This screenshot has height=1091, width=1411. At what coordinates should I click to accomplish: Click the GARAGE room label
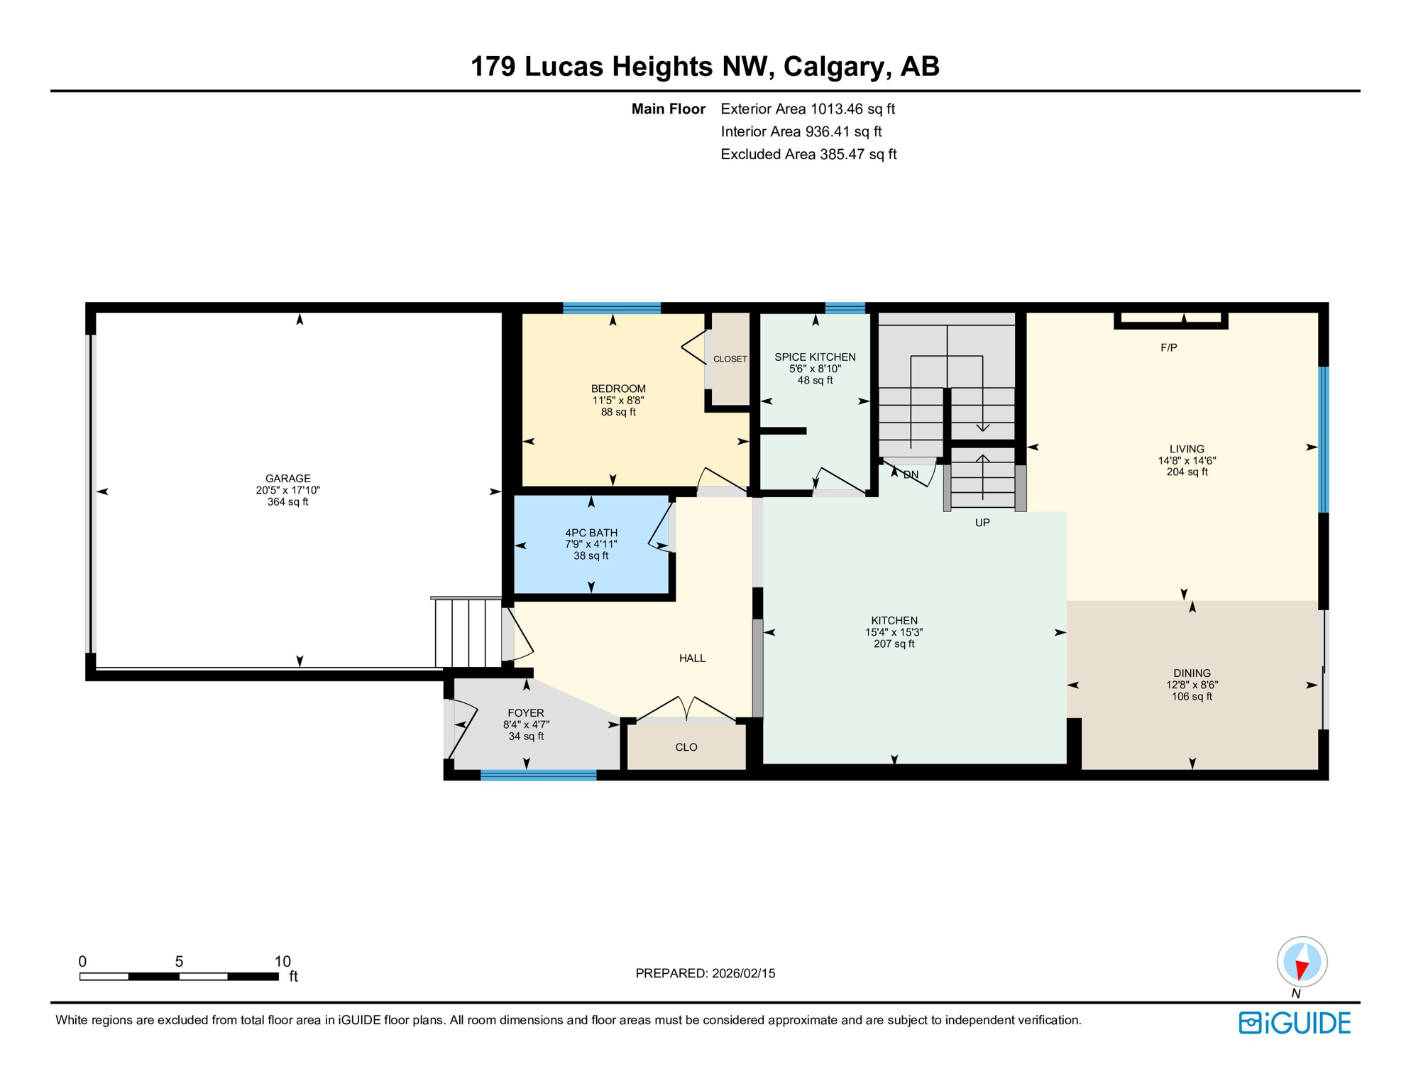click(x=287, y=478)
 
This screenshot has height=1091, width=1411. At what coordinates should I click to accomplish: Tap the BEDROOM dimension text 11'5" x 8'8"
click(x=617, y=401)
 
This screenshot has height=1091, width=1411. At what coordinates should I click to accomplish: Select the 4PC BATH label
click(x=591, y=533)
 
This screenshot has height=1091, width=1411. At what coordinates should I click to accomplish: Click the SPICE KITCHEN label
click(x=814, y=357)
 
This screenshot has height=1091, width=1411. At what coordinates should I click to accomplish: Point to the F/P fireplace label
click(x=1168, y=347)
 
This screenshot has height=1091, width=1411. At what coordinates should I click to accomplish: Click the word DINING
click(x=1192, y=673)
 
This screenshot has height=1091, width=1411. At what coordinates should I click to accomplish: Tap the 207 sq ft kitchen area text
click(x=894, y=644)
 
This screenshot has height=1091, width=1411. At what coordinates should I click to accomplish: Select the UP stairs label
click(x=982, y=523)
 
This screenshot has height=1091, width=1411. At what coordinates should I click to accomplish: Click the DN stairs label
click(x=911, y=474)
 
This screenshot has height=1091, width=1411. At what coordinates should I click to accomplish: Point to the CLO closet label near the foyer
click(x=686, y=747)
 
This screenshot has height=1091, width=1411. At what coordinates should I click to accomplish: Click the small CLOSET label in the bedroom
click(x=730, y=359)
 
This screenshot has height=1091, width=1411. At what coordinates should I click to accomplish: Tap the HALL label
click(x=691, y=658)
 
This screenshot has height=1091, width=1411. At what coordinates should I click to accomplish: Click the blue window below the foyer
click(x=538, y=775)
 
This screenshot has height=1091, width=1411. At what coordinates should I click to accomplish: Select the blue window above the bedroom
click(x=611, y=308)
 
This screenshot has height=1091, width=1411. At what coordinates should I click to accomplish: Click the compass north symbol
click(x=1302, y=962)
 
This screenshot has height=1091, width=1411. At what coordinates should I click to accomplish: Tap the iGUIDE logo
click(x=1294, y=1023)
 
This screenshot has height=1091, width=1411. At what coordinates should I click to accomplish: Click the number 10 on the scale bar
click(x=282, y=962)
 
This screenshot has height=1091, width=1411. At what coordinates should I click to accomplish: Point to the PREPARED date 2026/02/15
click(x=705, y=974)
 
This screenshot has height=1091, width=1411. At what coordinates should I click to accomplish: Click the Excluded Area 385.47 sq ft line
click(x=808, y=154)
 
